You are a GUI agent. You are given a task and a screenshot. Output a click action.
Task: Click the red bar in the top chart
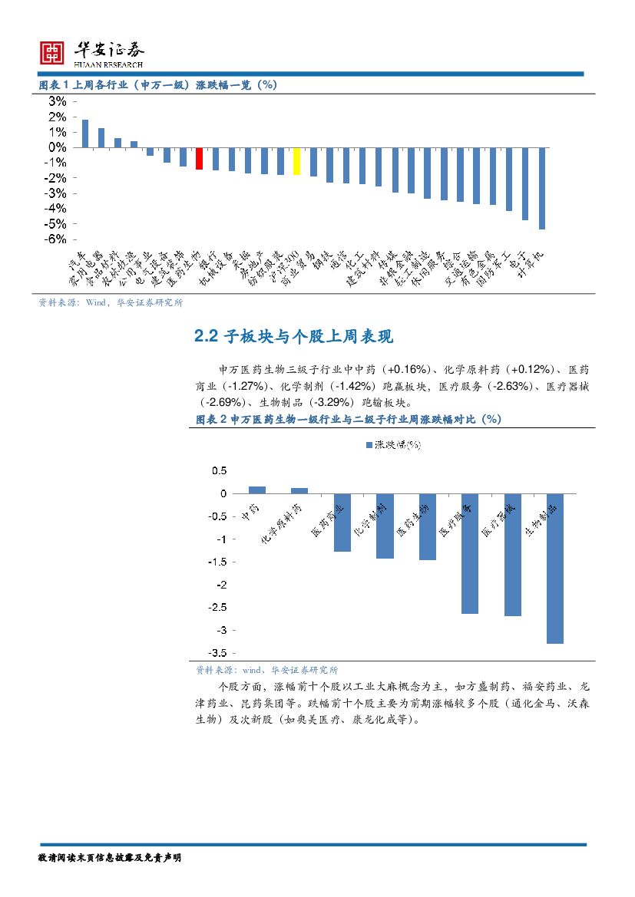coord(199,158)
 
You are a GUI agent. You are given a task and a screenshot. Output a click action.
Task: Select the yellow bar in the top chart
coord(296,161)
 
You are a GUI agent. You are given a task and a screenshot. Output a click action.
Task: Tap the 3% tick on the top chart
coord(58,101)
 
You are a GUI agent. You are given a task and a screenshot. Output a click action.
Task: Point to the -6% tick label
coord(55,239)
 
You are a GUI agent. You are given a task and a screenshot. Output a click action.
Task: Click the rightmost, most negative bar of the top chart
coord(542,188)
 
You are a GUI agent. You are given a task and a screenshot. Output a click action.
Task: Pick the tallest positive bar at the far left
coord(85,134)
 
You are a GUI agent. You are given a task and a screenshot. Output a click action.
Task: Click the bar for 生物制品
coord(555,568)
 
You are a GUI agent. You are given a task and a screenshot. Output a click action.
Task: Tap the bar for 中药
coord(257,490)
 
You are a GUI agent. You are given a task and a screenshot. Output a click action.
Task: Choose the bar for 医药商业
coord(342,523)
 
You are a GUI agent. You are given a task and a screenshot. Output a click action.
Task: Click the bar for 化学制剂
coord(385,526)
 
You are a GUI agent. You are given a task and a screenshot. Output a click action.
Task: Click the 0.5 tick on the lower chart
coord(219,470)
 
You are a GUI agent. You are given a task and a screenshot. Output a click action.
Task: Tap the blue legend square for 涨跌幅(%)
coord(368,444)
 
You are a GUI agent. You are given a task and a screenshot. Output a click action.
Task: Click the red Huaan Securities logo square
coord(52,52)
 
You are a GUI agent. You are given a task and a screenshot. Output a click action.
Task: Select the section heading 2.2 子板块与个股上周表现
coord(293,337)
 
